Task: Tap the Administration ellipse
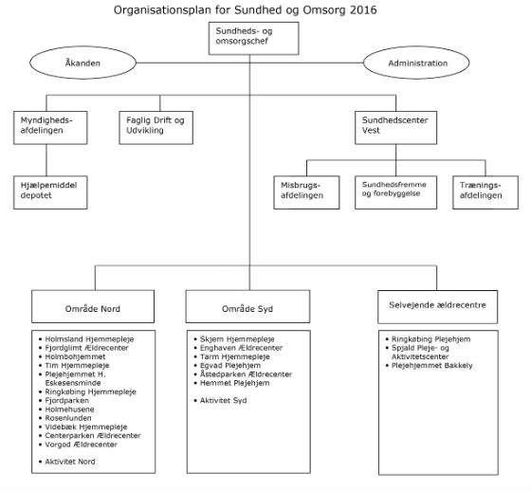(x=418, y=64)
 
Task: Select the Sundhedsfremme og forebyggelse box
(x=393, y=189)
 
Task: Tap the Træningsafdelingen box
(x=483, y=189)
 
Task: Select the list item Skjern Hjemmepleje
(x=238, y=337)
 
